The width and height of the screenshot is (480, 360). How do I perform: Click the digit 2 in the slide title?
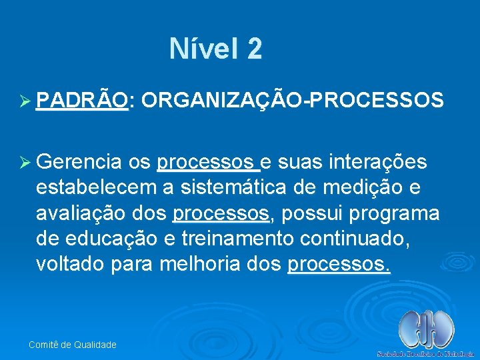click(254, 49)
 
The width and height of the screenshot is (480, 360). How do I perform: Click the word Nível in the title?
click(203, 49)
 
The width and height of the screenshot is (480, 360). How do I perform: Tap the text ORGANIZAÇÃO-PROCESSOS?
click(292, 100)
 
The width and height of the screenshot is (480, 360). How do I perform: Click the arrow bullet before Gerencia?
click(25, 163)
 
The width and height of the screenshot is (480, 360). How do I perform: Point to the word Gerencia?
click(79, 163)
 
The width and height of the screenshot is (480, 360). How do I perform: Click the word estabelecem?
click(93, 188)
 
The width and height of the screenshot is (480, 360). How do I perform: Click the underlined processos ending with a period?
click(339, 264)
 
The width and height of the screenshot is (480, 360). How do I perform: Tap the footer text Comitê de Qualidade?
click(72, 345)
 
